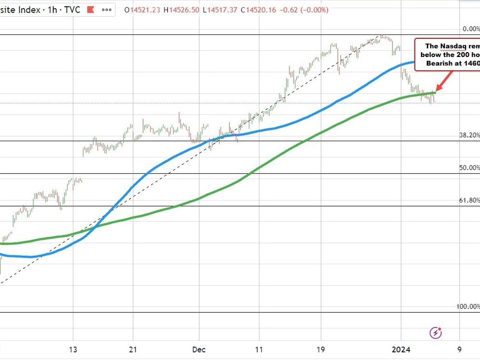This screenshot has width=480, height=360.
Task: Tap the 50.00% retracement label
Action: [x=469, y=168]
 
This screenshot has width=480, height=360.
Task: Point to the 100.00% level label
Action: [x=468, y=306]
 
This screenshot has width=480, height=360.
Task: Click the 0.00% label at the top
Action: [x=470, y=29]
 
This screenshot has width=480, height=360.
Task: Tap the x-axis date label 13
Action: [x=73, y=350]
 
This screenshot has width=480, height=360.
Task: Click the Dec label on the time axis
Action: [x=199, y=350]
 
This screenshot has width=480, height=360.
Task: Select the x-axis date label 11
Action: [x=258, y=350]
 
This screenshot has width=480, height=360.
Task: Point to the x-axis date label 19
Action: [x=320, y=350]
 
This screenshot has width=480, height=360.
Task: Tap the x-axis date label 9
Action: [x=459, y=350]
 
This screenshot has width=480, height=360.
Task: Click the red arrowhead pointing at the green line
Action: [x=438, y=89]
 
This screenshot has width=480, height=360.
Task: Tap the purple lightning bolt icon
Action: [x=435, y=333]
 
